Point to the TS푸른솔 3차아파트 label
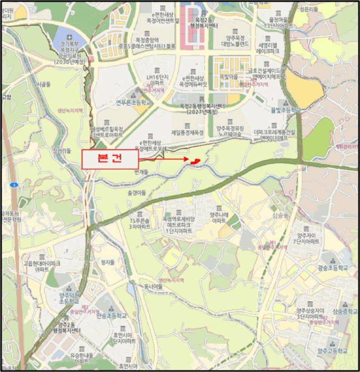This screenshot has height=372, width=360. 140,223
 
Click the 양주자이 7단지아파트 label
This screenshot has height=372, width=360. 308,238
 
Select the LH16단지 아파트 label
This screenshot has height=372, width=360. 157,80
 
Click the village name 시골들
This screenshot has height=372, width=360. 44,84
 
